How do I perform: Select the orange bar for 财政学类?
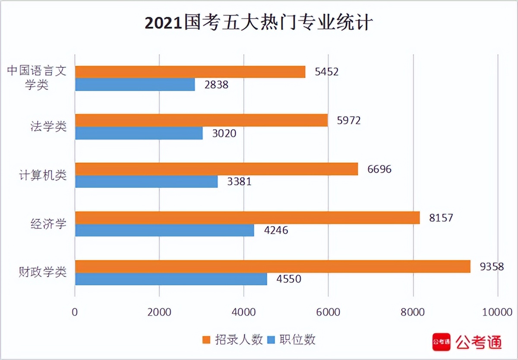(x=272, y=267)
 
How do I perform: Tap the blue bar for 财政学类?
(x=171, y=279)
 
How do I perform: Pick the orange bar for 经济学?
(x=247, y=218)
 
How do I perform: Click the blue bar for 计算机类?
(x=146, y=182)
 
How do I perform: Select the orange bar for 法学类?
(x=201, y=120)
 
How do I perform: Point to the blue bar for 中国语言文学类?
(x=135, y=85)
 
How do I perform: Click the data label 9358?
(x=492, y=266)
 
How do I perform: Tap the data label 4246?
(x=276, y=231)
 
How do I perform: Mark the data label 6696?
(x=379, y=169)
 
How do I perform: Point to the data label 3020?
(x=224, y=133)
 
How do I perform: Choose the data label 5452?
(x=327, y=72)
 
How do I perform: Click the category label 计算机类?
(x=42, y=175)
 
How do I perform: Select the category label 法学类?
(x=48, y=126)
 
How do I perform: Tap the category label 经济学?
(x=48, y=224)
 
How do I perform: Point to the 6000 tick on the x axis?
(x=328, y=312)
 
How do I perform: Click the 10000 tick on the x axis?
(x=497, y=312)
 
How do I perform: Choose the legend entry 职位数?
(x=291, y=340)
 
